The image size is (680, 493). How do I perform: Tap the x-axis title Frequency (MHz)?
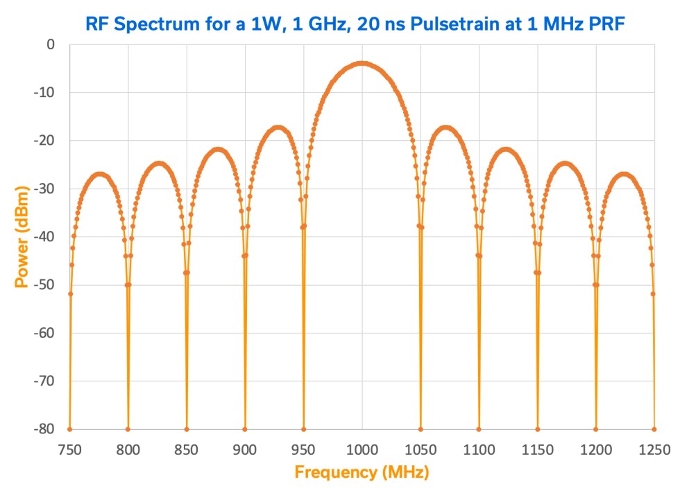coord(362,473)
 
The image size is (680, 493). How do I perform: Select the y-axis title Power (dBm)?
coord(23,236)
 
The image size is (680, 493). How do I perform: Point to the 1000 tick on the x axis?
coord(362,449)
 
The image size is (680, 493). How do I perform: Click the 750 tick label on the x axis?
coord(69,449)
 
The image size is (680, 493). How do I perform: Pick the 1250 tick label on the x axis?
coord(654,449)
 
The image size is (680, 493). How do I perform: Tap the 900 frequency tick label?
coord(245,449)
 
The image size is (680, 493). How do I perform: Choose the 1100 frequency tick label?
coord(479,449)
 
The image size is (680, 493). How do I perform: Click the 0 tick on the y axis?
coord(49,44)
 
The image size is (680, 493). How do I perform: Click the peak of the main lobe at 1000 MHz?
coord(362,63)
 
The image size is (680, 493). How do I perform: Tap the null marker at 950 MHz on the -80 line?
coord(303,429)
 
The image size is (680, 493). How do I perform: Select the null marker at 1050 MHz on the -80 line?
coord(420,429)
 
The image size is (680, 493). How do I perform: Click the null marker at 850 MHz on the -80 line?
coord(187,429)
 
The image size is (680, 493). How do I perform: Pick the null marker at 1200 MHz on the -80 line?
coord(596,429)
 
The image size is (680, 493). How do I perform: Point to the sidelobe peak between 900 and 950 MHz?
coord(278,128)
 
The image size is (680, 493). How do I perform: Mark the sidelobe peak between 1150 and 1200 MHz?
coord(566,164)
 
